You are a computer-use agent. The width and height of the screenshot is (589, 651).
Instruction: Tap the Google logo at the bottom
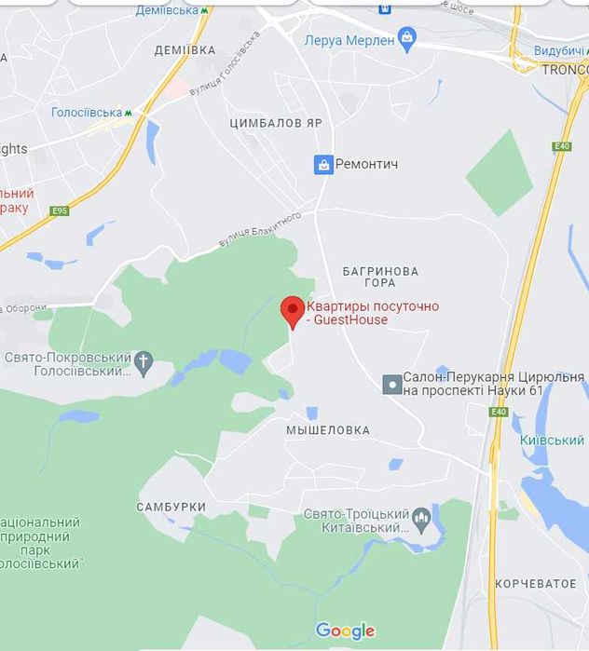click(x=345, y=631)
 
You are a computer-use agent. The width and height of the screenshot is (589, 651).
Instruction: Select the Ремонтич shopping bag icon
click(x=323, y=164)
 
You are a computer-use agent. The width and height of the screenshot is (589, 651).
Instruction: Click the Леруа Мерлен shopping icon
click(x=406, y=38)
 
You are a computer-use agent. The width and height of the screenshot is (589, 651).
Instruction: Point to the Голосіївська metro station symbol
click(x=130, y=113)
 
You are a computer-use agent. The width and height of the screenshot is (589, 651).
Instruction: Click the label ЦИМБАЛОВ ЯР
click(x=275, y=123)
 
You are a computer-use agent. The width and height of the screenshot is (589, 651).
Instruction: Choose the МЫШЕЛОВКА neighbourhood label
click(x=327, y=430)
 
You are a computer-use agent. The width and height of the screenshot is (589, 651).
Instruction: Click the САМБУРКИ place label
click(x=171, y=507)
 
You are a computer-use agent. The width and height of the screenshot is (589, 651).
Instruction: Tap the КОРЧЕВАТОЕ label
click(x=535, y=583)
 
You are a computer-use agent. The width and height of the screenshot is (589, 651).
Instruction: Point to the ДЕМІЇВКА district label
click(x=185, y=50)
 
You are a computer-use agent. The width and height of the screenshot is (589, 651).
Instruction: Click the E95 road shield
click(x=60, y=210)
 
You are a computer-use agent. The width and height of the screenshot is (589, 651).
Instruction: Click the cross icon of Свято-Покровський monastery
click(x=143, y=362)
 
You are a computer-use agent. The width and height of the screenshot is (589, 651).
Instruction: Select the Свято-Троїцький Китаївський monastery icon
click(x=421, y=516)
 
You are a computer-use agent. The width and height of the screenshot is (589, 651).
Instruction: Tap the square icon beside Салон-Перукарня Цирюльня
click(x=392, y=383)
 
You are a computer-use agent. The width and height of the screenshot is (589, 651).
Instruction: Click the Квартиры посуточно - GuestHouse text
click(x=373, y=313)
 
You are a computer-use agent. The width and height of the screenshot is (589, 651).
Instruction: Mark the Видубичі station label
click(x=560, y=50)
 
